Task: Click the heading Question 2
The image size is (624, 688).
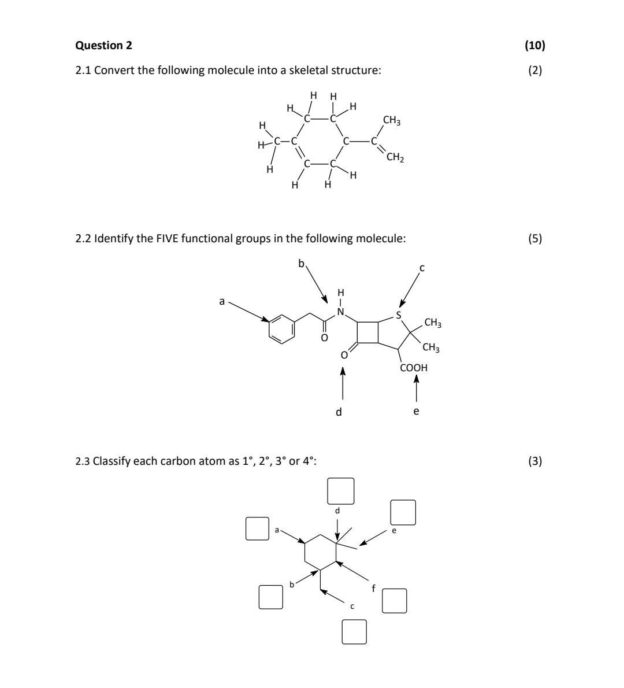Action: pos(99,45)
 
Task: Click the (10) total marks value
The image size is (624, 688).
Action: pos(535,45)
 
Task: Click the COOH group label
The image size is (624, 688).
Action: pos(414,367)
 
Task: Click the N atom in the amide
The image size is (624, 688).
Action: pos(340,312)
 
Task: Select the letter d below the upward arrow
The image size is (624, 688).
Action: pos(339,412)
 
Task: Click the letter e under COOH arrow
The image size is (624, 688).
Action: pos(416,411)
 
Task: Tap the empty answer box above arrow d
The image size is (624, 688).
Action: pos(341,491)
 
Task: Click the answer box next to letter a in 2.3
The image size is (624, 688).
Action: pos(258,528)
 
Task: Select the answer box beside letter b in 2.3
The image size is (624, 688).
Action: pos(270,597)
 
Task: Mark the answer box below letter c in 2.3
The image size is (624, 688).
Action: pos(354,631)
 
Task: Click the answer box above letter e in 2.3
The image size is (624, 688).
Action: pos(403,512)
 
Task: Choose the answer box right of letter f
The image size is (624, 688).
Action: pos(395,600)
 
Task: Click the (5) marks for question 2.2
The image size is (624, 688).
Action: pos(535,238)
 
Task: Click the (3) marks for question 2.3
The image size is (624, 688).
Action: pos(535,461)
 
